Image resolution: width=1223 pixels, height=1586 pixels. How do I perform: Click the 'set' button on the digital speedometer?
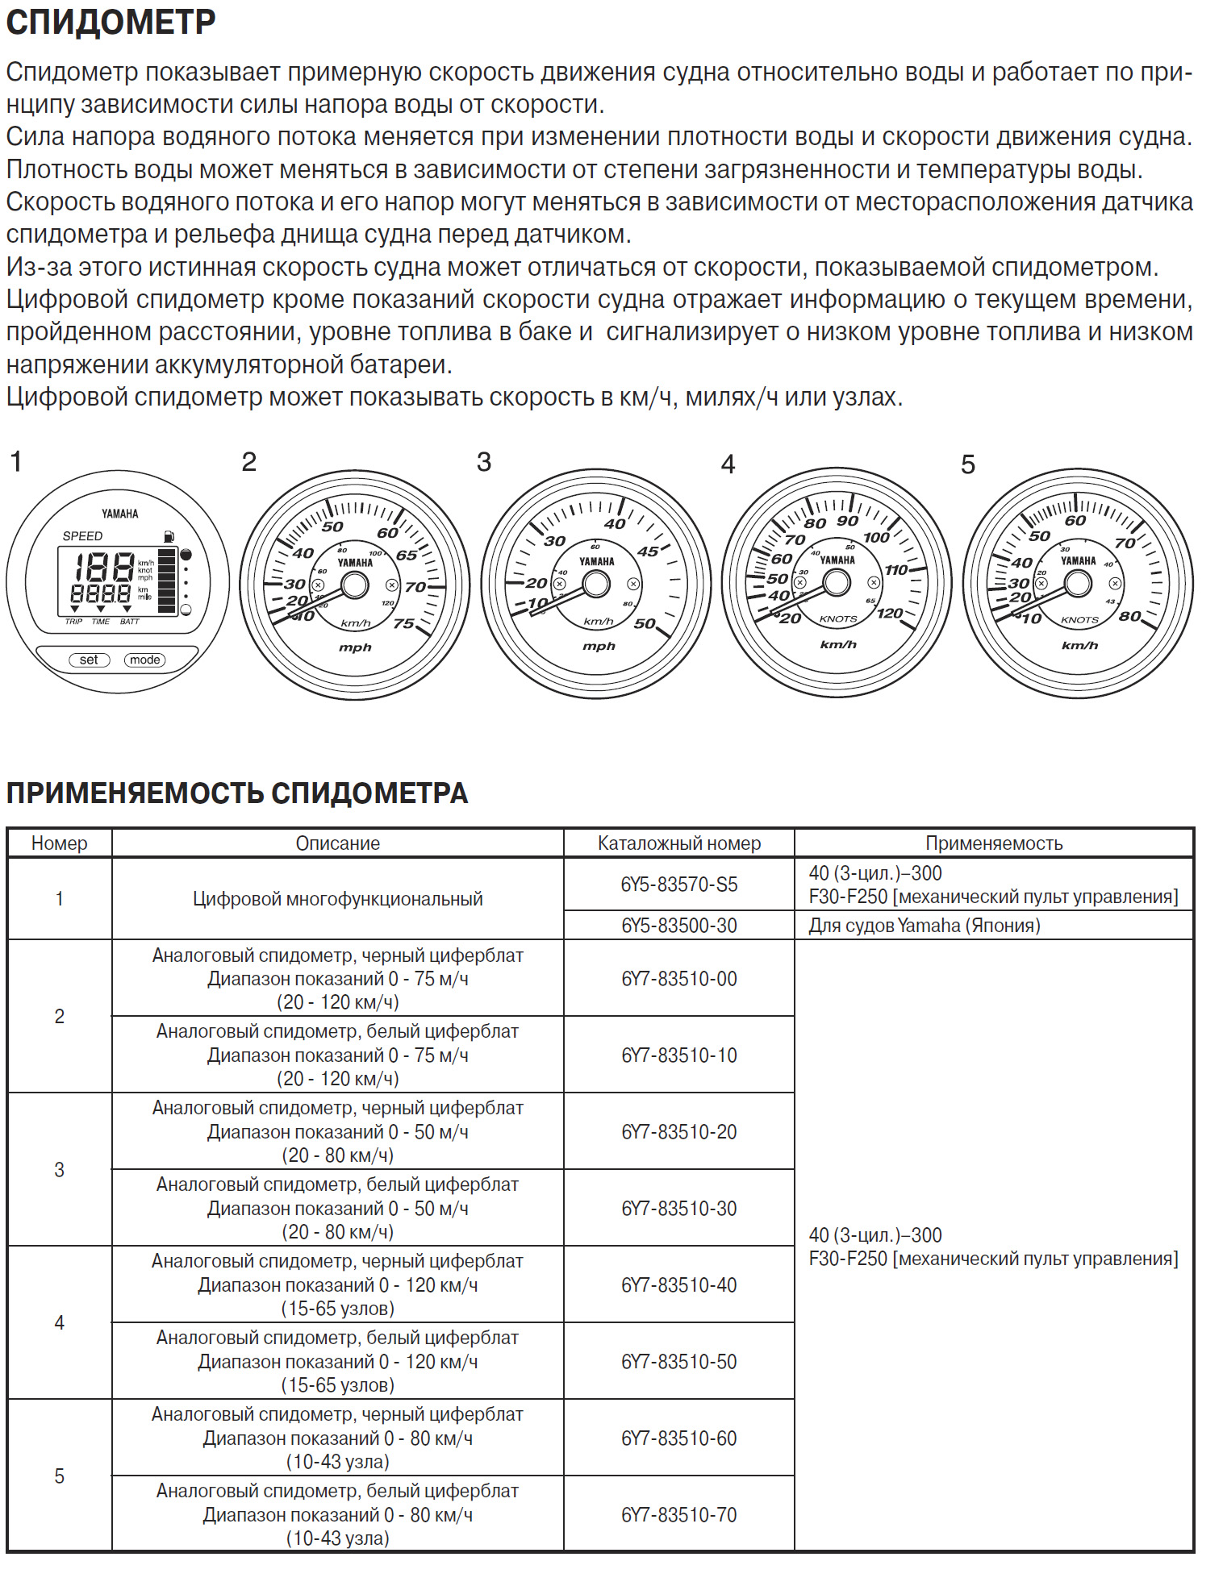pyautogui.click(x=89, y=660)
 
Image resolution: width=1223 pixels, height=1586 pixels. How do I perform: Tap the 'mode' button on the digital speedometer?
pyautogui.click(x=144, y=660)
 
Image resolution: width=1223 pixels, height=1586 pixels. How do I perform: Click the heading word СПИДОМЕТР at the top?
pyautogui.click(x=111, y=23)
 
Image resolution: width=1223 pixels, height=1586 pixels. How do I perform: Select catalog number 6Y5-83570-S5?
pyautogui.click(x=678, y=885)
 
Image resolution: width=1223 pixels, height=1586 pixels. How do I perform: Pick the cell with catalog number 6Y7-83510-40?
pyautogui.click(x=678, y=1284)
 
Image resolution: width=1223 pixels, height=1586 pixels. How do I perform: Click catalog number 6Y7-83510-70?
pyautogui.click(x=678, y=1514)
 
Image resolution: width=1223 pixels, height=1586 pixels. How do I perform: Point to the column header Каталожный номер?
pyautogui.click(x=678, y=843)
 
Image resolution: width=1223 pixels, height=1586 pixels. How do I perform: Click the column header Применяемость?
pyautogui.click(x=993, y=843)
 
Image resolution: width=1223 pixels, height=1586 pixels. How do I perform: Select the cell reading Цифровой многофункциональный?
pyautogui.click(x=337, y=899)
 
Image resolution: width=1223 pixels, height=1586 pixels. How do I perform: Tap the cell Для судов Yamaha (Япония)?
pyautogui.click(x=925, y=926)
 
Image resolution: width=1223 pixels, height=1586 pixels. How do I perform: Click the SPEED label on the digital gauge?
pyautogui.click(x=82, y=536)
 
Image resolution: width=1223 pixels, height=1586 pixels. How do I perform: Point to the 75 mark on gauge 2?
pyautogui.click(x=403, y=623)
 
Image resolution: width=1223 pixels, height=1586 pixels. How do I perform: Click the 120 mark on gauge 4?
pyautogui.click(x=889, y=614)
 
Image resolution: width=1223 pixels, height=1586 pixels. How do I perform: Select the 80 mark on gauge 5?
pyautogui.click(x=1129, y=616)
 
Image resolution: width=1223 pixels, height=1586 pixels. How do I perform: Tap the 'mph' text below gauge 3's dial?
pyautogui.click(x=599, y=646)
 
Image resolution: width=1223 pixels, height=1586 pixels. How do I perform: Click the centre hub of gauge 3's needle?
pyautogui.click(x=596, y=584)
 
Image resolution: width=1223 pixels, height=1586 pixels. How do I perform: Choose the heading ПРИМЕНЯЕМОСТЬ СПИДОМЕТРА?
pyautogui.click(x=236, y=793)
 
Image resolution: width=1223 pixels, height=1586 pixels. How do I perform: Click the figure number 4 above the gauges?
pyautogui.click(x=728, y=464)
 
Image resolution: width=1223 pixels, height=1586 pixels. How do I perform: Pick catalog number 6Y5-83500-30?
pyautogui.click(x=678, y=926)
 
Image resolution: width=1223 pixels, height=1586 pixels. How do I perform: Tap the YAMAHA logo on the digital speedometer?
pyautogui.click(x=119, y=514)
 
